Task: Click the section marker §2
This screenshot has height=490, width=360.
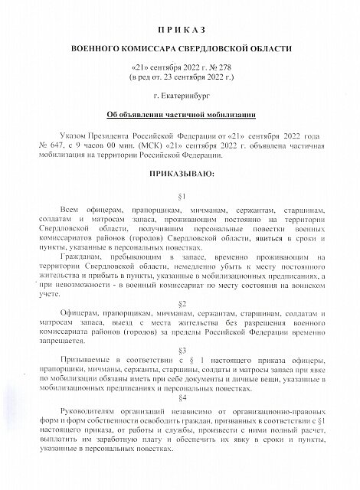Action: click(182, 303)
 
